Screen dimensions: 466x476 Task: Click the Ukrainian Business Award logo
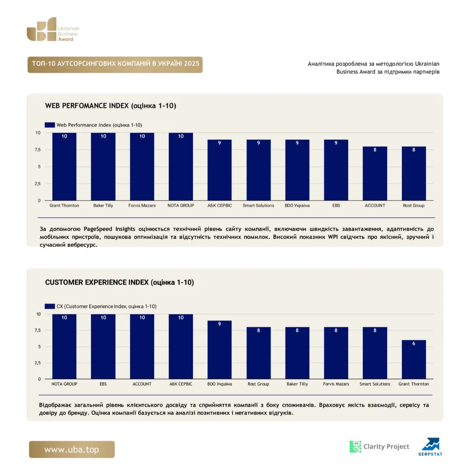coord(53,29)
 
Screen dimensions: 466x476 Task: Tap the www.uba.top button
coord(72,450)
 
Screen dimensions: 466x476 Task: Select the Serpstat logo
coord(430,447)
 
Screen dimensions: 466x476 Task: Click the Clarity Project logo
coord(379,447)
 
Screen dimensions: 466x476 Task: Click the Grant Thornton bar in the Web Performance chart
coord(64,167)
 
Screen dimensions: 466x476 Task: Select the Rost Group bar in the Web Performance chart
coord(414,173)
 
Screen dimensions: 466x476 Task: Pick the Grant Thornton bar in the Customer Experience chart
coord(414,359)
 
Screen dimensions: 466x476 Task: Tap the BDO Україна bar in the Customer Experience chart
coord(220,350)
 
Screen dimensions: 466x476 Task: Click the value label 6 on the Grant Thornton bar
coord(414,344)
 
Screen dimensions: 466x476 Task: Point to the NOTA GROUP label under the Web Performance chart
coord(181,205)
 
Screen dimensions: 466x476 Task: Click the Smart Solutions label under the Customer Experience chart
coord(375,384)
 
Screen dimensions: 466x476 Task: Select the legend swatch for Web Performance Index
coord(50,125)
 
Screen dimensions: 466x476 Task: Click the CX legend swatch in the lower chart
coord(50,306)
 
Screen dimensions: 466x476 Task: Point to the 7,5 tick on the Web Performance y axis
coord(37,150)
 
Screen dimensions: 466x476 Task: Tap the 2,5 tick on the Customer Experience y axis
coord(37,363)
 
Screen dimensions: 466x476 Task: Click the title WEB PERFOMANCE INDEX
coord(87,106)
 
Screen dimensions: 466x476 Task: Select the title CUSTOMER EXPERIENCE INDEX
coord(97,282)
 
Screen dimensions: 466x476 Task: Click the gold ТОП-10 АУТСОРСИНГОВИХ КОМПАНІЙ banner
coord(115,64)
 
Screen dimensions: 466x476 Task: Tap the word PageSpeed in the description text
coord(98,229)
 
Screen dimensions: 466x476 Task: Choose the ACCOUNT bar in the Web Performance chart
coord(375,173)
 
